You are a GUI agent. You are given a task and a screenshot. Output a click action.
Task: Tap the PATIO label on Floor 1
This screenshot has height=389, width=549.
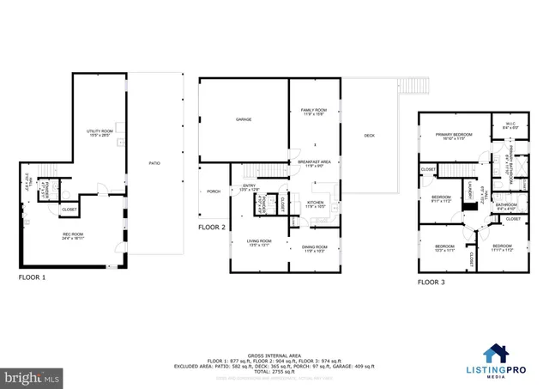154,163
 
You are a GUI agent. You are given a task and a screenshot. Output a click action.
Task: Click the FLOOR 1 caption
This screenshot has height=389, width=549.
33,278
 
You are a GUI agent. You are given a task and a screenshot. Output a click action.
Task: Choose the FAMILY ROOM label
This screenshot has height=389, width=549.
313,112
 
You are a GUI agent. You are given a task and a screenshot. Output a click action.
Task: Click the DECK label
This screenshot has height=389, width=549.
369,136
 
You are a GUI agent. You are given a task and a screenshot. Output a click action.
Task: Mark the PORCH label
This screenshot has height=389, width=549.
214,191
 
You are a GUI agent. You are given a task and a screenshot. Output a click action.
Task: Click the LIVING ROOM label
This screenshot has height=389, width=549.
259,242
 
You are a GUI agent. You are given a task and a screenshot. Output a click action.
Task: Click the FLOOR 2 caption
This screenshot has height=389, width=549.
211,228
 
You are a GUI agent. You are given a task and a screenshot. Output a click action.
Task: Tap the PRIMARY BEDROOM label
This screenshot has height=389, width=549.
455,136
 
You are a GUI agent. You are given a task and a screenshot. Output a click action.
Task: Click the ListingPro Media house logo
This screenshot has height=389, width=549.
495,353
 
